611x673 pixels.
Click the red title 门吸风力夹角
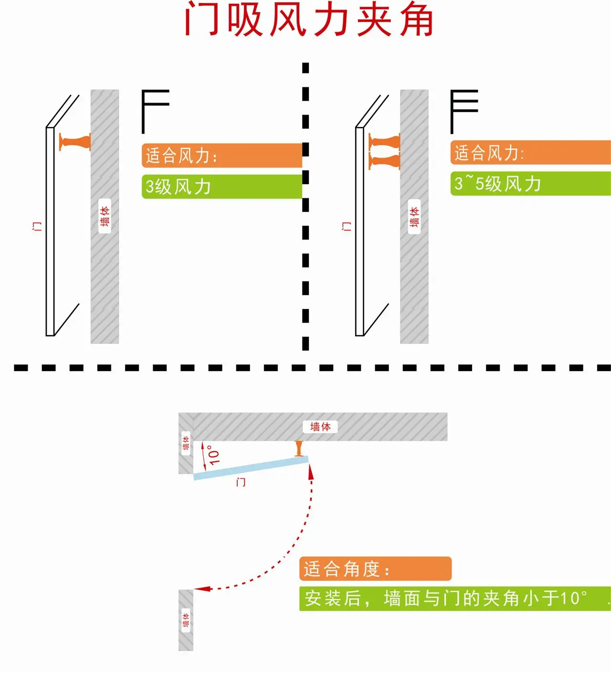(309, 20)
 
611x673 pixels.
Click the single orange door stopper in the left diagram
(75, 142)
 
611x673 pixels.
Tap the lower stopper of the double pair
(384, 160)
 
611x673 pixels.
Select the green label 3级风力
(222, 186)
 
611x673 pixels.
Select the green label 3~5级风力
(530, 184)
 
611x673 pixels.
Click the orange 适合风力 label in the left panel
(222, 155)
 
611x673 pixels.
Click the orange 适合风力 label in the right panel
(530, 153)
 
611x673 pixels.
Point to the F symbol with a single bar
(155, 112)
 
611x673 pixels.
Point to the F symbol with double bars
(464, 112)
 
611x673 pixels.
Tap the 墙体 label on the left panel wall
(105, 216)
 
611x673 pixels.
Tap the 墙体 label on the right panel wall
(414, 217)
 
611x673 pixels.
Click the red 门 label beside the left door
(37, 226)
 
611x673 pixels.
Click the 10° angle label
(214, 455)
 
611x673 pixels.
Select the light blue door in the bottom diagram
(251, 468)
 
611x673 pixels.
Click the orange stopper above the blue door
(299, 448)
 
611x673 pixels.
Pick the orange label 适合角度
(375, 569)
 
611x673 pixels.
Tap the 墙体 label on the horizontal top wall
(320, 427)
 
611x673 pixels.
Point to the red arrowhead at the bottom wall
(203, 589)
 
